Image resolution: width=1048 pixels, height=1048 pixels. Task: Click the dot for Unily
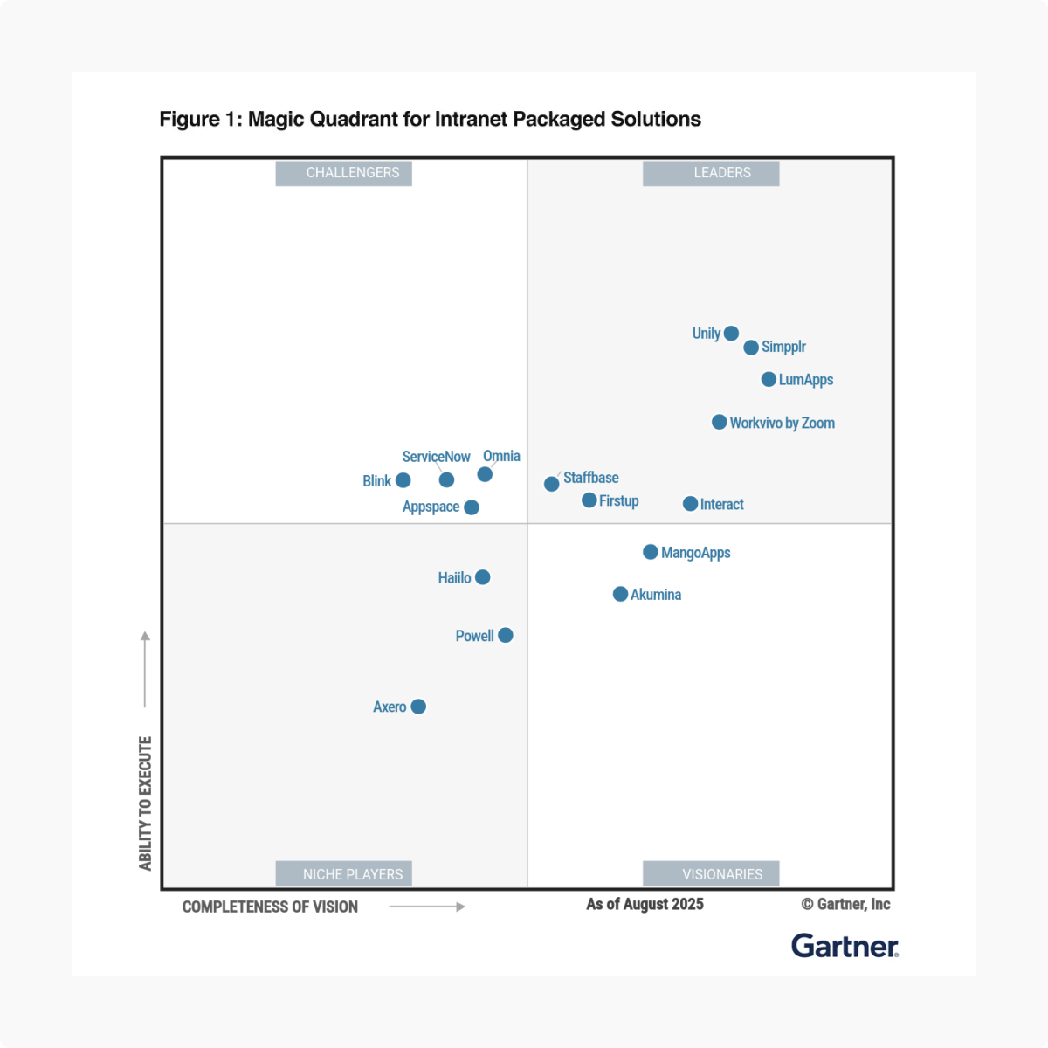(x=731, y=333)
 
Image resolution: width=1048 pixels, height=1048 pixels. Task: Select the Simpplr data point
(x=751, y=348)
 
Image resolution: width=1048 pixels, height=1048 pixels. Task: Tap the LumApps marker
(x=769, y=379)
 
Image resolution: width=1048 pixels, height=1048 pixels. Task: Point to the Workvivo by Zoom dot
(x=720, y=422)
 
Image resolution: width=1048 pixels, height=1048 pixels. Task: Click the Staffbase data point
(x=552, y=484)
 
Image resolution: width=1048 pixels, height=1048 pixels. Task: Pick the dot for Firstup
(x=589, y=500)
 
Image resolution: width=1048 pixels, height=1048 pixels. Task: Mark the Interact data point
(x=690, y=504)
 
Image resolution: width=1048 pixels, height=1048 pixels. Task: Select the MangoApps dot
(x=651, y=552)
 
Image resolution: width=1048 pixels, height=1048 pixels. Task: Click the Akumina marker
(x=620, y=594)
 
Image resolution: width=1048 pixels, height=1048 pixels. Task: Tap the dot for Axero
(x=418, y=707)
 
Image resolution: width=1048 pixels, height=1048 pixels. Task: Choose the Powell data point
(x=506, y=635)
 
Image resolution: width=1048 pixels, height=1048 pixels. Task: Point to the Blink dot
(x=403, y=480)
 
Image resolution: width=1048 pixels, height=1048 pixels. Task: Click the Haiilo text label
(x=454, y=578)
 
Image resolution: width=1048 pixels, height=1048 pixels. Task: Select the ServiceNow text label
(x=436, y=457)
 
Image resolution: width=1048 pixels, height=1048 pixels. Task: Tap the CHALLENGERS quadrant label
(x=353, y=173)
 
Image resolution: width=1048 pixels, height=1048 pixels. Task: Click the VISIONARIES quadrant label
(x=722, y=874)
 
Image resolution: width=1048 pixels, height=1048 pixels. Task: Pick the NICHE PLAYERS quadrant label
(x=353, y=874)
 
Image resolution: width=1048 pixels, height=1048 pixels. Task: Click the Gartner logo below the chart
(x=845, y=946)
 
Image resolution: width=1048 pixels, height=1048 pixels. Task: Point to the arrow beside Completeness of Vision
(x=427, y=907)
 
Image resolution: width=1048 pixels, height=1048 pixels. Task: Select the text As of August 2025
(x=645, y=904)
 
